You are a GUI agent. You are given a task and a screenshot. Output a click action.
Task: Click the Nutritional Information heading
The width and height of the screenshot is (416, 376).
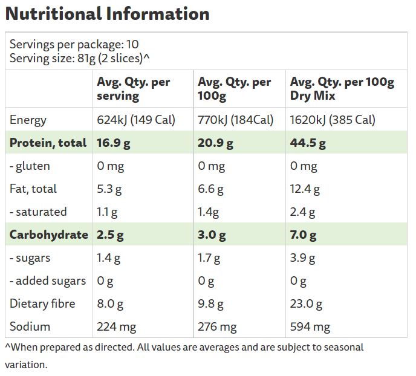click(108, 14)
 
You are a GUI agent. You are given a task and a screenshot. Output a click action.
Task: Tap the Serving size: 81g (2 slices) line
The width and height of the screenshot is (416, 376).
click(80, 59)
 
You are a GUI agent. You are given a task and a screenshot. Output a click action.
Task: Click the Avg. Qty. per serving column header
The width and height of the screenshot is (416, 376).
click(134, 89)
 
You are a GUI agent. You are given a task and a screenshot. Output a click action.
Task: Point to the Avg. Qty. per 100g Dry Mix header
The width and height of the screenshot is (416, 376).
click(342, 89)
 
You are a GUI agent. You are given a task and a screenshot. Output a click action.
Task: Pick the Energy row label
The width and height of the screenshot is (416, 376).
click(28, 120)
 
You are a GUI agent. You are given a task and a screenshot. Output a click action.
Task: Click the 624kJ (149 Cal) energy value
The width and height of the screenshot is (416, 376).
click(136, 120)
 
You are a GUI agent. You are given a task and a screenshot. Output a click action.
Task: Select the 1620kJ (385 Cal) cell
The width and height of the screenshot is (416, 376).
click(333, 120)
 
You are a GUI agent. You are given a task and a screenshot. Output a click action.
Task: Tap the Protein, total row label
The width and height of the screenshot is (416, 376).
click(48, 143)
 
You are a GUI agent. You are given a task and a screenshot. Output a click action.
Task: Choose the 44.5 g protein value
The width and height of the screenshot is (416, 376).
click(308, 143)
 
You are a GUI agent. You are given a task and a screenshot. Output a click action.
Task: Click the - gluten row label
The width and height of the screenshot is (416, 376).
click(30, 166)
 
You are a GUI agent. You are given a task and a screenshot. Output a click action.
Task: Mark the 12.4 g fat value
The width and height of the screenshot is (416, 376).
click(305, 189)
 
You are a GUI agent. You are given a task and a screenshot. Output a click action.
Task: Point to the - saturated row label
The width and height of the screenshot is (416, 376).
click(38, 212)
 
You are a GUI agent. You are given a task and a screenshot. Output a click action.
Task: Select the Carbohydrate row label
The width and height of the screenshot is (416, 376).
click(49, 235)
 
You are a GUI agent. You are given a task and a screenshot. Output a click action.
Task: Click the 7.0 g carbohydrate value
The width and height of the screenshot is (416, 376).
click(304, 235)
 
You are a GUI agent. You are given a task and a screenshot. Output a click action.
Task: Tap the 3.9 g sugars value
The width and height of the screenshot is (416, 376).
click(302, 258)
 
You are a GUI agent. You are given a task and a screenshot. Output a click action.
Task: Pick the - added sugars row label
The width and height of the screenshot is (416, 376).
click(48, 281)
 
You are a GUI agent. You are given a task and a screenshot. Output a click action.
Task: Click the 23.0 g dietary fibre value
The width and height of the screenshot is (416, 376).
click(306, 304)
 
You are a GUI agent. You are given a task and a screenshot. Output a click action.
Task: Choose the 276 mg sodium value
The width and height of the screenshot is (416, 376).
click(217, 327)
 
